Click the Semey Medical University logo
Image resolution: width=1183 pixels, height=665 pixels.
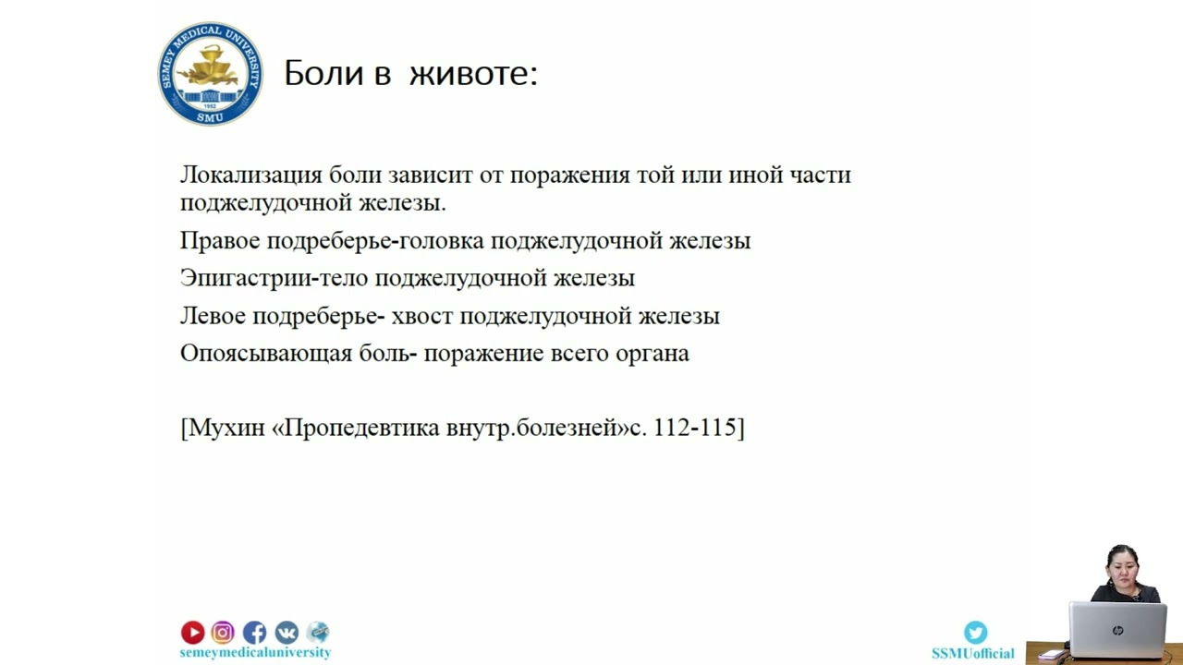[x=210, y=74]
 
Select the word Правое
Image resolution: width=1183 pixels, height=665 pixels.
[x=220, y=241]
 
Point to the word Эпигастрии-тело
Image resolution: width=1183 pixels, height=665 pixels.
[x=274, y=278]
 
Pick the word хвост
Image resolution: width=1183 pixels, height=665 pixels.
[x=422, y=316]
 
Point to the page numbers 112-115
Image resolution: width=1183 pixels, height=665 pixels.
[x=694, y=429]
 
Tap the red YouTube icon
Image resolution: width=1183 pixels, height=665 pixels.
[x=192, y=632]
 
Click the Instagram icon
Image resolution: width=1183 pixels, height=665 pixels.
[x=223, y=632]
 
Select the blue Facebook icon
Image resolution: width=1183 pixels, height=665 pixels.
[x=254, y=632]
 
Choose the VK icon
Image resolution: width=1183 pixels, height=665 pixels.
[x=287, y=632]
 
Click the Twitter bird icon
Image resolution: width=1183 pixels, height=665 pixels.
[x=975, y=632]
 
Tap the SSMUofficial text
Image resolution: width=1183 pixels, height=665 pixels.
[x=972, y=653]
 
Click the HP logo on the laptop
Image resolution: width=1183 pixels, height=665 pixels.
[x=1117, y=630]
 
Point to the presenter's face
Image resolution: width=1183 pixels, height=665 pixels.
[x=1122, y=566]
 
